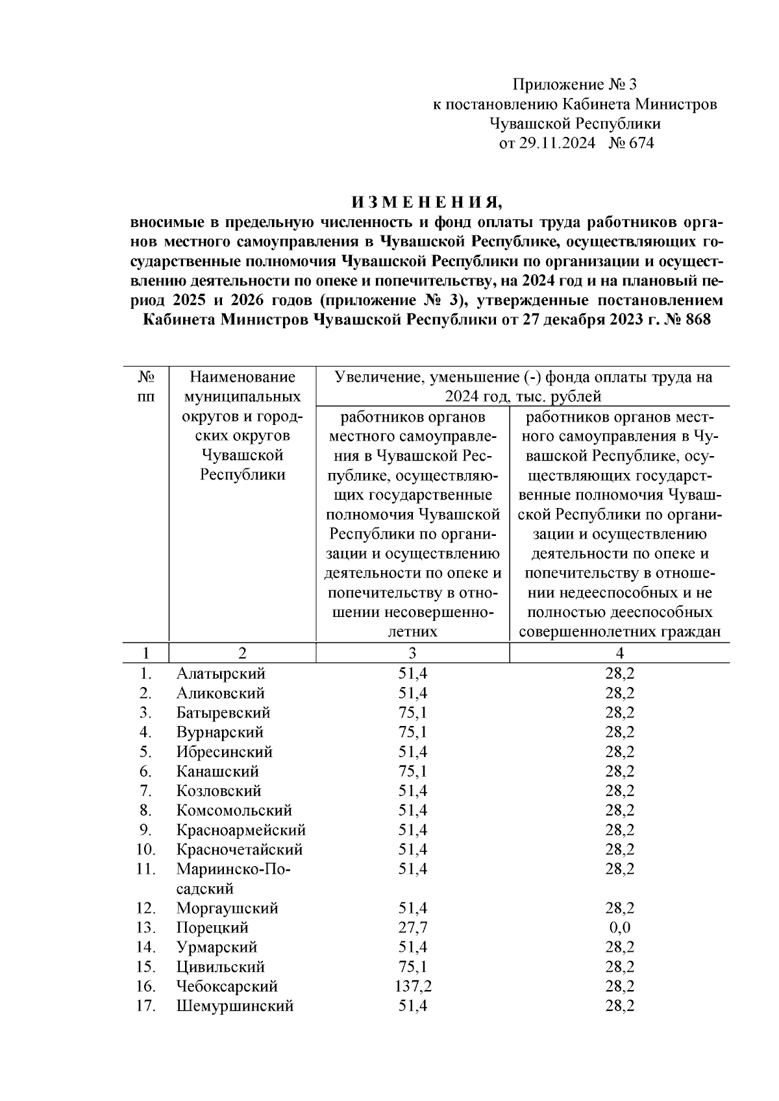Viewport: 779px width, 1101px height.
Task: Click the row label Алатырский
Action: [x=221, y=674]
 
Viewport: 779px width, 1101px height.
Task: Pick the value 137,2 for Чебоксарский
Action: [x=413, y=987]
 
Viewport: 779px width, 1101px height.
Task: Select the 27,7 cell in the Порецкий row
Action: [x=413, y=928]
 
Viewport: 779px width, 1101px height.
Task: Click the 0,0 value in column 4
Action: [x=619, y=928]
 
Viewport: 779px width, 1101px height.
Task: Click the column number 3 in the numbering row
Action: [x=413, y=653]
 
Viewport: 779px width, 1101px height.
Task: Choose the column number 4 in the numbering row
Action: [x=619, y=653]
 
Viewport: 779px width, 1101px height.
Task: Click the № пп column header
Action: [x=147, y=387]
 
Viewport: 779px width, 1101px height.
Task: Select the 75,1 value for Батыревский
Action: [x=413, y=713]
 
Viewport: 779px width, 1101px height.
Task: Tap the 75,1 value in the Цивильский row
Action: [x=413, y=967]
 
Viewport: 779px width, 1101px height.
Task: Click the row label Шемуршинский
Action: [x=234, y=1006]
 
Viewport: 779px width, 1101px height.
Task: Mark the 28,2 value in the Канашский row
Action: [x=619, y=771]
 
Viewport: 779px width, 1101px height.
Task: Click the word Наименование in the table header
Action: [x=242, y=377]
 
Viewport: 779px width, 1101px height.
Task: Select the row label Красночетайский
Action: [x=239, y=850]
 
